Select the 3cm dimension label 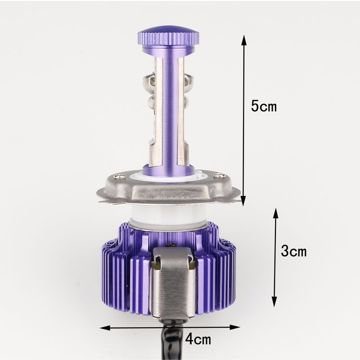coord(293,251)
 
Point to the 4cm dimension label coord(198,338)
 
